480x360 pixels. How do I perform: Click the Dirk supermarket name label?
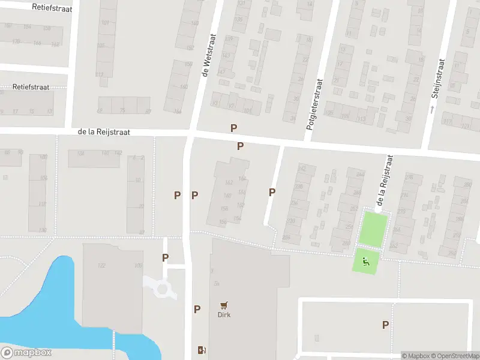(224, 314)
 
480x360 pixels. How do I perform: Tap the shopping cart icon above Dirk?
(224, 305)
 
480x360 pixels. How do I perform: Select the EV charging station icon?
(201, 350)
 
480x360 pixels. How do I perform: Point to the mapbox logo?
(26, 353)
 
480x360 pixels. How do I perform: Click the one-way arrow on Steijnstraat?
(431, 109)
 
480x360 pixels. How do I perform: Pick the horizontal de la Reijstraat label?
(104, 132)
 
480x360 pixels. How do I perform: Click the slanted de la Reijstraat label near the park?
(385, 181)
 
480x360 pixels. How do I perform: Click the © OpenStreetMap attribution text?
(454, 356)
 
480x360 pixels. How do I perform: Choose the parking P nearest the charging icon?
(197, 310)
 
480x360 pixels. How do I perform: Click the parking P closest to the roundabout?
(165, 257)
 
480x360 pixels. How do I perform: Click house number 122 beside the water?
(101, 266)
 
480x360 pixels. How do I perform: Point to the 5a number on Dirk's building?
(216, 284)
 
